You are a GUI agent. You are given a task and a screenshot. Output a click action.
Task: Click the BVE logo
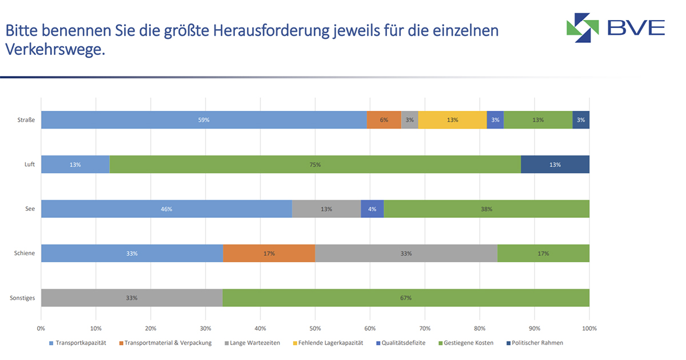click(615, 27)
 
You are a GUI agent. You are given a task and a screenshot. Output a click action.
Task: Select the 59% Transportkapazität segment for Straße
click(204, 120)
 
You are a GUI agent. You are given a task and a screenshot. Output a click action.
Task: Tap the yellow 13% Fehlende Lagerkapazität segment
click(452, 120)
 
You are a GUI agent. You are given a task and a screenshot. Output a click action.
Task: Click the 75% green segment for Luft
click(315, 165)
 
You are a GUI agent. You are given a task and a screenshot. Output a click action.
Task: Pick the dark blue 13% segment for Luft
click(555, 165)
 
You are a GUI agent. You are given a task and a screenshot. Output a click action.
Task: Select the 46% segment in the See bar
click(166, 209)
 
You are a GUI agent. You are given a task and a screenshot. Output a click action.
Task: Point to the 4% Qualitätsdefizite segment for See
click(372, 209)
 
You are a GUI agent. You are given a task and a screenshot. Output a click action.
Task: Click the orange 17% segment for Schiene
click(269, 253)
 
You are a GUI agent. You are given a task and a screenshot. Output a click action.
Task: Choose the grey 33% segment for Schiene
click(406, 253)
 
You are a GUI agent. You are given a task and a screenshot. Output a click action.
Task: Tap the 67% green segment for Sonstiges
click(406, 298)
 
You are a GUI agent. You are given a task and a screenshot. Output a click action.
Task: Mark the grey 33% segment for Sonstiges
click(131, 298)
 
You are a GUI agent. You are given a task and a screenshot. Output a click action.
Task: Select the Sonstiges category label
click(23, 298)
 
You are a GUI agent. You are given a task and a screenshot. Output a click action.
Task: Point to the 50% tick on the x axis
click(315, 329)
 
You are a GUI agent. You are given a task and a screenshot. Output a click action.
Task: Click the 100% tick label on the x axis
click(589, 329)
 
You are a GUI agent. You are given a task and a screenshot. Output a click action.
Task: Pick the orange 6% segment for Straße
click(384, 120)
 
